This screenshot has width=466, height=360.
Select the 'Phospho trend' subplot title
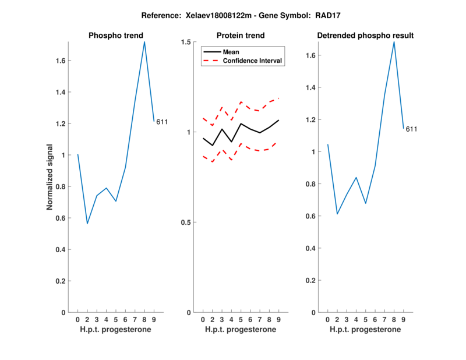115,36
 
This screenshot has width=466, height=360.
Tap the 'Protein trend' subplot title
241,36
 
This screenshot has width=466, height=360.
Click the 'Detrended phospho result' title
365,36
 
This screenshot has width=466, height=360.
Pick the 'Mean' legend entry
231,52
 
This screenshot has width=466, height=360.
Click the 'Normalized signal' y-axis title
50,177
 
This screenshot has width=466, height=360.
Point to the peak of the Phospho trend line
144,41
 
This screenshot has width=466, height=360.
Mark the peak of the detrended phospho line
394,41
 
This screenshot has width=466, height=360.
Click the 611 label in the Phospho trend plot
162,122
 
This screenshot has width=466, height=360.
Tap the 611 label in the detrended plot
412,129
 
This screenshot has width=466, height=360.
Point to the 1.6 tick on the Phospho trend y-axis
60,61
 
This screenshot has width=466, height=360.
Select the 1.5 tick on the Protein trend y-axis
186,42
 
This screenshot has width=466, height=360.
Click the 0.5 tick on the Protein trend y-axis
186,223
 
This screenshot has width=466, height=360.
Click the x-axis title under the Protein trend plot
241,330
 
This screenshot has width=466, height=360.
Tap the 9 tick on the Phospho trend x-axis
154,319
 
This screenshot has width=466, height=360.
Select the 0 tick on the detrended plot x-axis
328,319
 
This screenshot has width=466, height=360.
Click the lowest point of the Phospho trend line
87,224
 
